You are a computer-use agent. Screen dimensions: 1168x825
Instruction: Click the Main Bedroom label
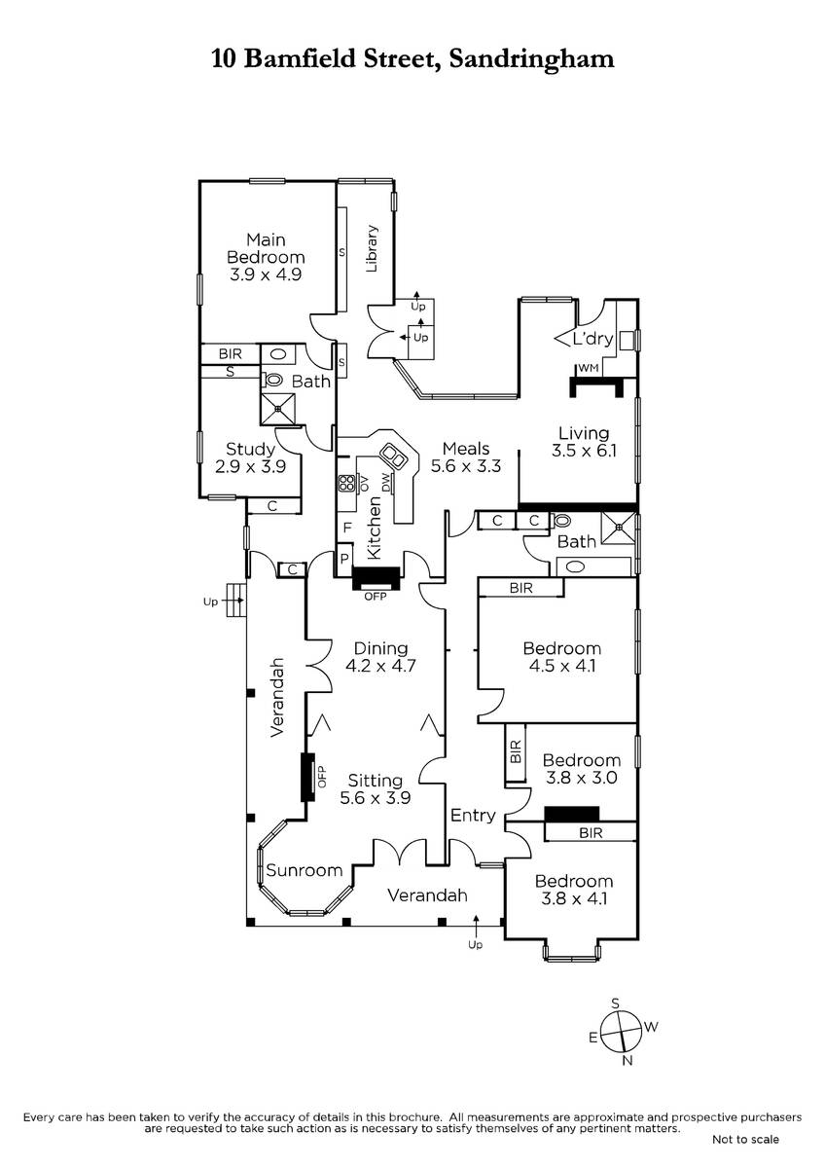click(266, 257)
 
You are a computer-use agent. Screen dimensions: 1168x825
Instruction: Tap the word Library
click(372, 248)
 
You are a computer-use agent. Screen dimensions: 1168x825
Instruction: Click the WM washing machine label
click(588, 369)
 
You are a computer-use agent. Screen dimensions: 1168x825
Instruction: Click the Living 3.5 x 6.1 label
click(583, 442)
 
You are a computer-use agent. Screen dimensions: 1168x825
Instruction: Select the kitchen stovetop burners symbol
click(345, 483)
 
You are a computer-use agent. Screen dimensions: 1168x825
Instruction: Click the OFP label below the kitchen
click(375, 597)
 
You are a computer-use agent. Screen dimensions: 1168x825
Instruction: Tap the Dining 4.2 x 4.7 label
click(380, 657)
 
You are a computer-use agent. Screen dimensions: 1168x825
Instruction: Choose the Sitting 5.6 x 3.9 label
click(375, 788)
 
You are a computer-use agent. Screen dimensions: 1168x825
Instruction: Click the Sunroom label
click(305, 870)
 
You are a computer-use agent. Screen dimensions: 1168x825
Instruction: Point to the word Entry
click(473, 816)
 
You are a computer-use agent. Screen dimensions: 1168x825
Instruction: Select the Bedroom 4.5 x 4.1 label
click(561, 657)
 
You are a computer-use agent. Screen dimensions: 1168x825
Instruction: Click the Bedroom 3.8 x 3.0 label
click(581, 769)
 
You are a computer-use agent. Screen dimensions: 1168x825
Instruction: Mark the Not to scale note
click(745, 1139)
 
